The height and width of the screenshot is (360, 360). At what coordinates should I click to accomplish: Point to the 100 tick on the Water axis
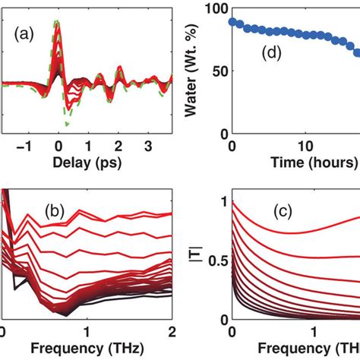point(216,10)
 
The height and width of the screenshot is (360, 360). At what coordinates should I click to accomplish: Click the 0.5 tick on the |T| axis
point(214,262)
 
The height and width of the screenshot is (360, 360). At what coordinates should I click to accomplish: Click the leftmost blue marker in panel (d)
point(232,22)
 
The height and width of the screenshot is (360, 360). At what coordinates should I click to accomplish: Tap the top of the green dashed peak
point(56,22)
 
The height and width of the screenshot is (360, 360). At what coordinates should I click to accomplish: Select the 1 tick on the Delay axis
point(88,146)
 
